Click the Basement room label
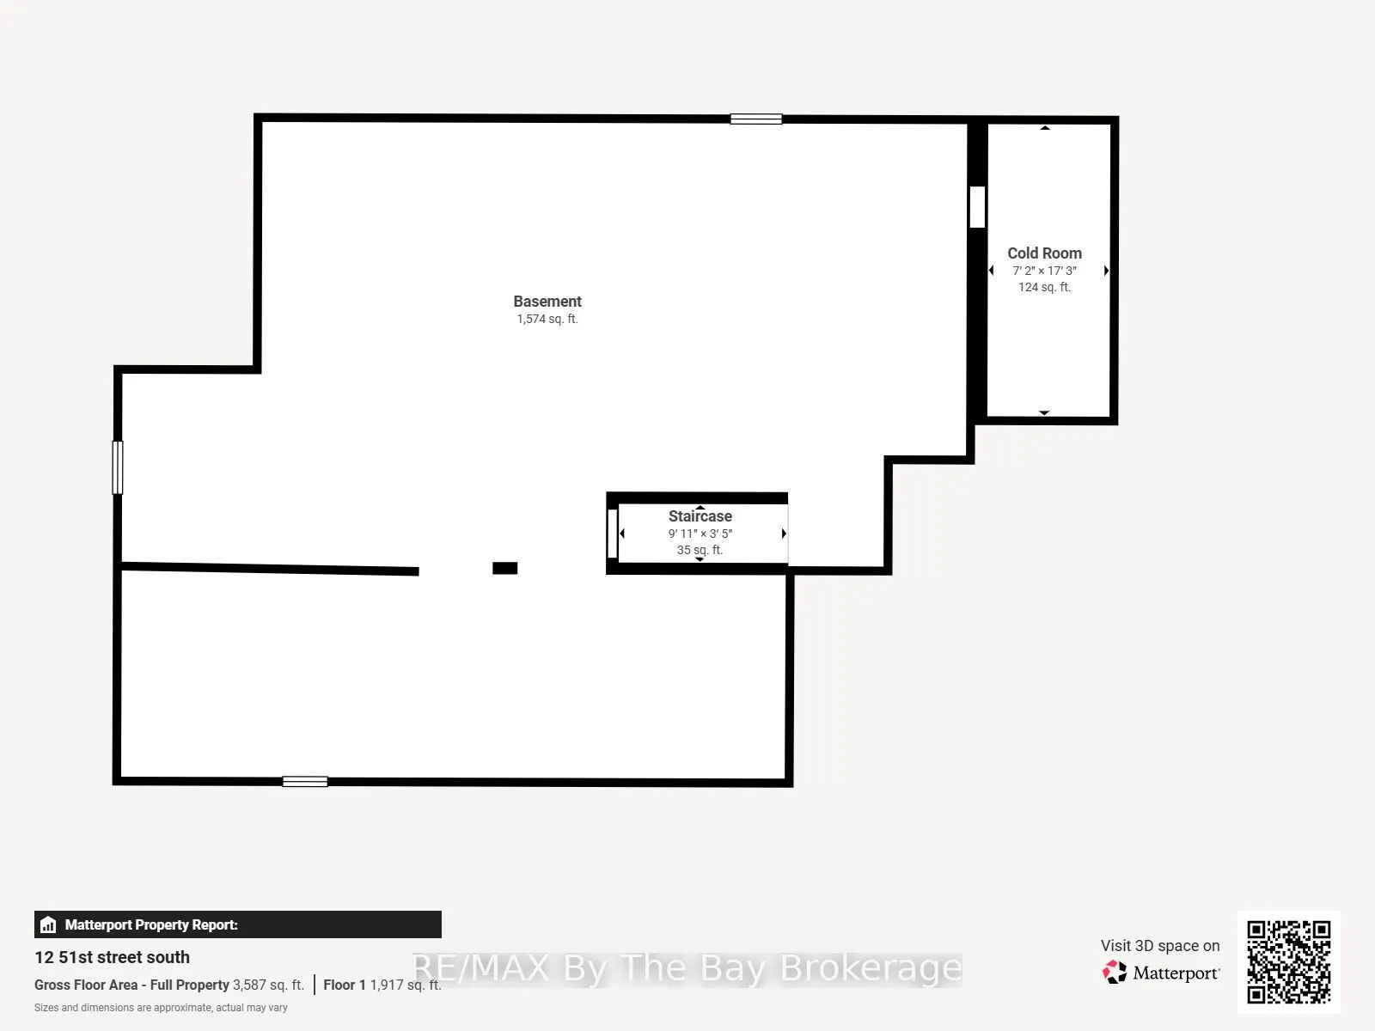click(x=547, y=301)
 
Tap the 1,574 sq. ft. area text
click(x=547, y=320)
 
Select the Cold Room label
click(x=1044, y=253)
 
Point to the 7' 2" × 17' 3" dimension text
click(x=1044, y=271)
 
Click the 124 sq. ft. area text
click(x=1044, y=287)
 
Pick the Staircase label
click(x=700, y=515)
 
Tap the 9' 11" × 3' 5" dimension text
click(x=700, y=534)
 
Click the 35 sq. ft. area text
click(x=700, y=550)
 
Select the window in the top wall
click(x=756, y=119)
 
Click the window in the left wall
click(x=118, y=467)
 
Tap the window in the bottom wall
click(x=305, y=781)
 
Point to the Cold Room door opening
click(x=977, y=207)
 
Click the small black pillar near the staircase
click(x=505, y=568)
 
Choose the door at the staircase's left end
click(x=613, y=534)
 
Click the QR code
click(x=1288, y=961)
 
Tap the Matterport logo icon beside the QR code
click(x=1115, y=973)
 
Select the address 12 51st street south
click(x=112, y=957)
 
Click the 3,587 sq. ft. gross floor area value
click(x=268, y=985)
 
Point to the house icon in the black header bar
click(x=48, y=924)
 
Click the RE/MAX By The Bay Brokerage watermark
click(x=687, y=968)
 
